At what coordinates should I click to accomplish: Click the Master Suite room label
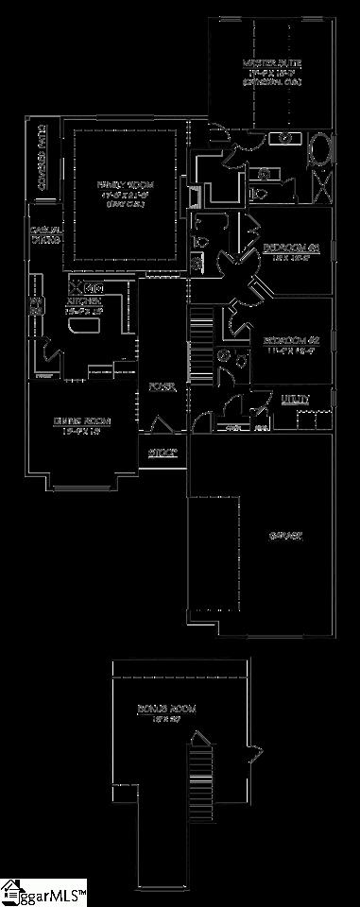click(x=272, y=63)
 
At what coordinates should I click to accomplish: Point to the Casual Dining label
click(x=45, y=235)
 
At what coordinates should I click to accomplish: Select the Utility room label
click(x=295, y=400)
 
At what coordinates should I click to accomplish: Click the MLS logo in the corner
click(x=43, y=892)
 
